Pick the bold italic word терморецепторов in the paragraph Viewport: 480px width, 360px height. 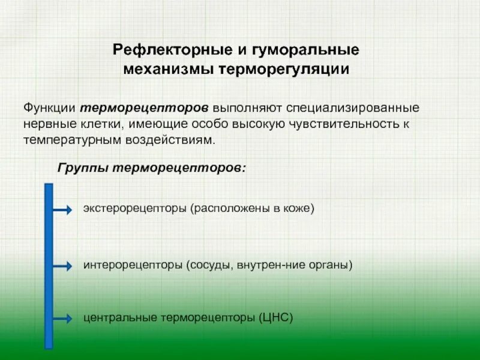click(145, 108)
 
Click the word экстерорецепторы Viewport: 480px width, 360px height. click(135, 208)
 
